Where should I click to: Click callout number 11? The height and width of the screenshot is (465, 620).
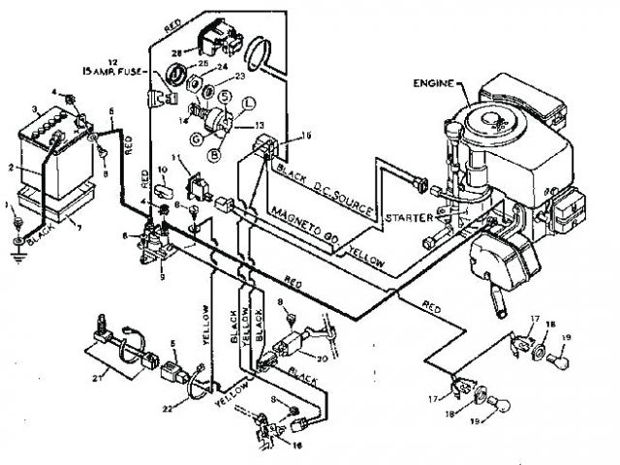click(x=175, y=158)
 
